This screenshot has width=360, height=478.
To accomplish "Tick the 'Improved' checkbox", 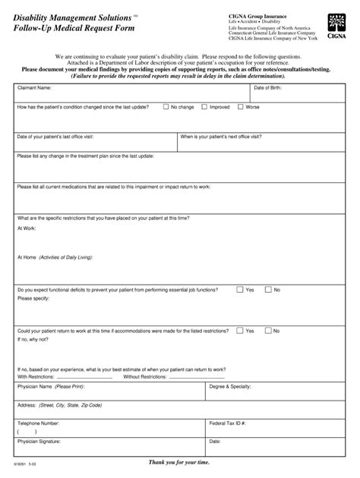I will click(204, 108).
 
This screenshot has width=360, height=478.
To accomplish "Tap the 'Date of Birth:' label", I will click(267, 88).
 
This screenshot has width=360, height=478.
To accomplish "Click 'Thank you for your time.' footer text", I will click(179, 462).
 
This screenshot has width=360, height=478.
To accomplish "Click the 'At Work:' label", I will click(27, 227).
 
